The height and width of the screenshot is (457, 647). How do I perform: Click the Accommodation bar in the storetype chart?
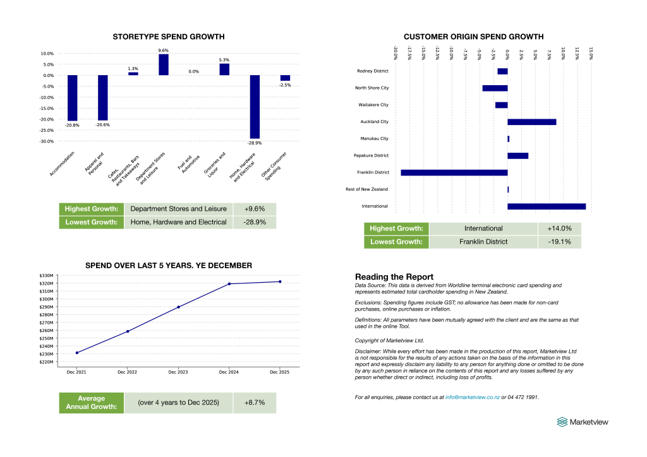tap(73, 98)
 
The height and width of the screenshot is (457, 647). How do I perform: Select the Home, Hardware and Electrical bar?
tap(255, 107)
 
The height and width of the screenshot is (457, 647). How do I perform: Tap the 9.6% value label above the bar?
tap(163, 50)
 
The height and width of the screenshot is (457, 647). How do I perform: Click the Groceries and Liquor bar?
tap(224, 69)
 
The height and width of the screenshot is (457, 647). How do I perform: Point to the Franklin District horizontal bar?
tap(454, 172)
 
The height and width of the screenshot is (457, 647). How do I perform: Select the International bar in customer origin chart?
tap(546, 206)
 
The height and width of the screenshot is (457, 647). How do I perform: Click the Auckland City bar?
tap(531, 121)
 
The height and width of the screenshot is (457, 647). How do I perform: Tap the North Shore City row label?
tap(372, 88)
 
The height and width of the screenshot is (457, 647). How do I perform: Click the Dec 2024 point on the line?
tap(229, 284)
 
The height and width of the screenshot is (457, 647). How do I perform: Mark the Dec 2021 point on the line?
tap(77, 353)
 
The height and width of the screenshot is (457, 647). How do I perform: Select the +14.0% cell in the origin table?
tap(559, 228)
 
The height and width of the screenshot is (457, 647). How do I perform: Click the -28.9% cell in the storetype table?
tap(255, 222)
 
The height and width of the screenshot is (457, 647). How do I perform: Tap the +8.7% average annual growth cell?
tap(255, 403)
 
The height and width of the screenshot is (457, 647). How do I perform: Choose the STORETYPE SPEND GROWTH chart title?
tap(168, 37)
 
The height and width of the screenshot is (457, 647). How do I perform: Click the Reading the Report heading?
tap(394, 276)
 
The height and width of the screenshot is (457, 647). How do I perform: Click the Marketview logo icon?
tap(562, 422)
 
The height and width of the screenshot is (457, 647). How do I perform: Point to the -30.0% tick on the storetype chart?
tap(46, 141)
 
